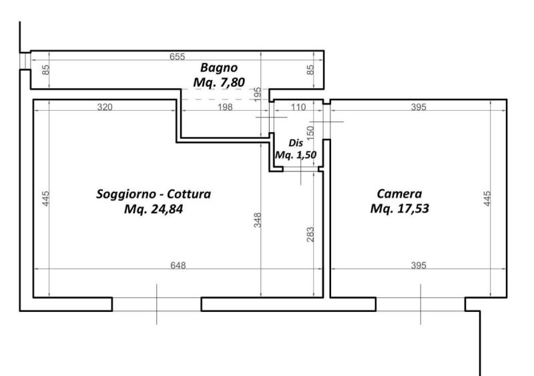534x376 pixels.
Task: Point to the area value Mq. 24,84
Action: coord(154,209)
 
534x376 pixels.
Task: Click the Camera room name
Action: coord(399,194)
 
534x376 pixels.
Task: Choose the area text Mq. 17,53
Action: coord(399,209)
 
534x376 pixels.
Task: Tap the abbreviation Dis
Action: coord(296,143)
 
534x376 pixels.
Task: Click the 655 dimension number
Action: coord(177,57)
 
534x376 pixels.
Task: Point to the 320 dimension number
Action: coord(103,107)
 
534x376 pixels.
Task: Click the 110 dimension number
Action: coord(298,107)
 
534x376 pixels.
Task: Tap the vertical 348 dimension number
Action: coord(257,220)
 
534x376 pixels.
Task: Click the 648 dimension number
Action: coord(177,265)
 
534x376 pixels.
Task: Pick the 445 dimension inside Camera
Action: coord(487,199)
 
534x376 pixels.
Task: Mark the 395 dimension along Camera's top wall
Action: coord(417,107)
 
